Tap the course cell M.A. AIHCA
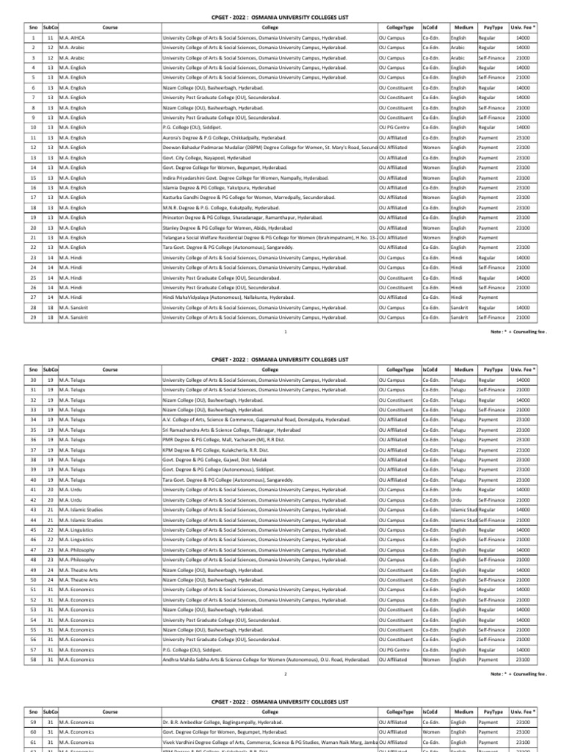(x=73, y=37)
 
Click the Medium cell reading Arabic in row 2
(x=458, y=47)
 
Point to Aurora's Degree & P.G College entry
(x=217, y=137)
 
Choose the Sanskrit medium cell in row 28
(x=460, y=307)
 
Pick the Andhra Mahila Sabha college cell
(x=265, y=659)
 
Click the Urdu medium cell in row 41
(x=456, y=510)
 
